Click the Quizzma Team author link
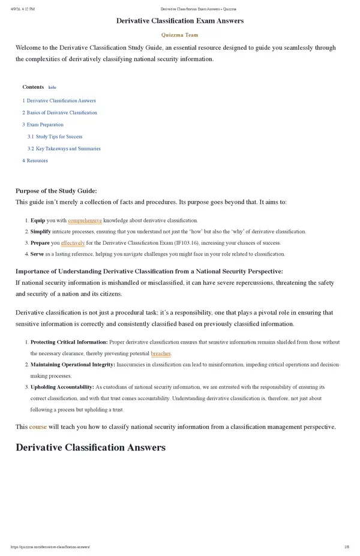click(180, 35)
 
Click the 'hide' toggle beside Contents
click(52, 87)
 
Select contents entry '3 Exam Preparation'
click(43, 125)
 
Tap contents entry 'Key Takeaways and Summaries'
click(68, 149)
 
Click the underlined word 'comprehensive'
click(85, 221)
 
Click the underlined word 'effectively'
click(73, 243)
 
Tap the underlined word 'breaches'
click(161, 354)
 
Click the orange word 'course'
click(38, 427)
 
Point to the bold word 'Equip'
click(37, 221)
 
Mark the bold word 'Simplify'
click(40, 232)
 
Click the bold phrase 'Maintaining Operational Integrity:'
click(73, 365)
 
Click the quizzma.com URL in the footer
click(50, 548)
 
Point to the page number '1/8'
click(347, 548)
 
